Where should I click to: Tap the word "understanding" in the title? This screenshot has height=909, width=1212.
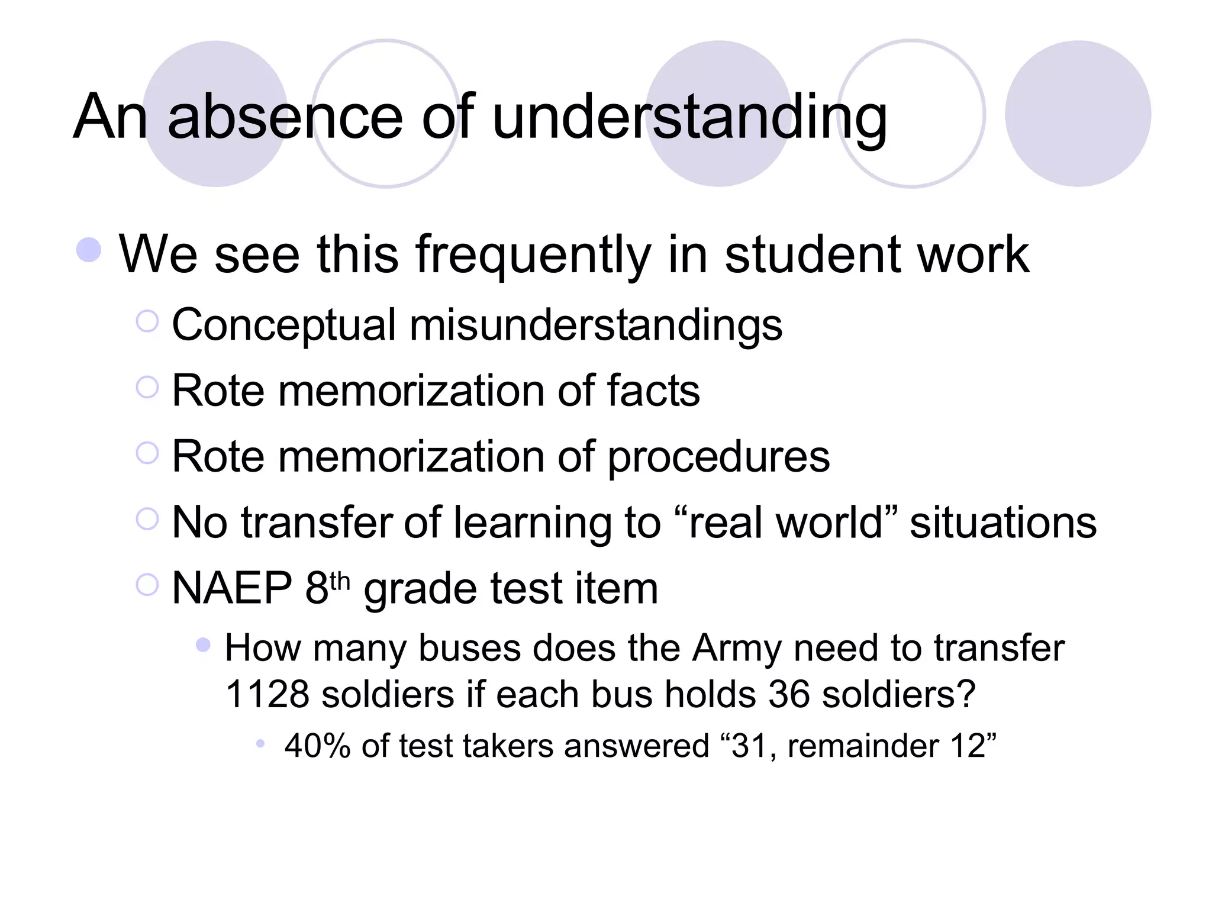tap(689, 118)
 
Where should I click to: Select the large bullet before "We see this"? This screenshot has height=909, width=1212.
tap(89, 250)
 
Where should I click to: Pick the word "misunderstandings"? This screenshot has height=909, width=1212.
tap(595, 325)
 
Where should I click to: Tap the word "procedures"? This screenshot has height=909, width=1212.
tap(719, 457)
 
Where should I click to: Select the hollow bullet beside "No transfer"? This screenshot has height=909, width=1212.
tap(147, 520)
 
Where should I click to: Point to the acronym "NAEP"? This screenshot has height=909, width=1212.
tap(232, 588)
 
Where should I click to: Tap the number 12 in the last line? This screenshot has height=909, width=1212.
tap(968, 746)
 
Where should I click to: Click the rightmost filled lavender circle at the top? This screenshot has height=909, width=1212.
tap(1078, 114)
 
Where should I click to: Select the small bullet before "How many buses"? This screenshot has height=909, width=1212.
tap(203, 644)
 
